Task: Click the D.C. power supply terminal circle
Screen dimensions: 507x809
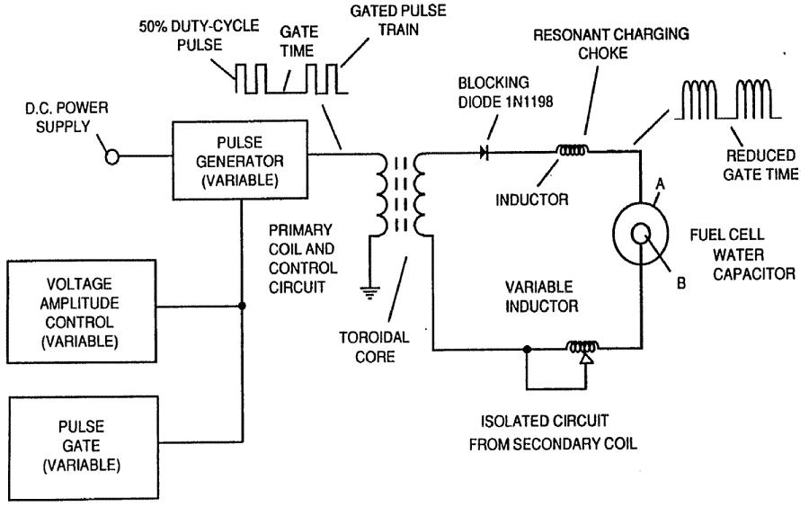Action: click(113, 158)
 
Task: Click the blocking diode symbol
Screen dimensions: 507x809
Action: click(485, 155)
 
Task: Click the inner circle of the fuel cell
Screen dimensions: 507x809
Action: click(643, 232)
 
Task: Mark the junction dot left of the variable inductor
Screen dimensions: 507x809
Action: click(527, 346)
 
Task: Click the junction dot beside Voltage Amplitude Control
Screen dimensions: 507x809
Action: click(243, 306)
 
